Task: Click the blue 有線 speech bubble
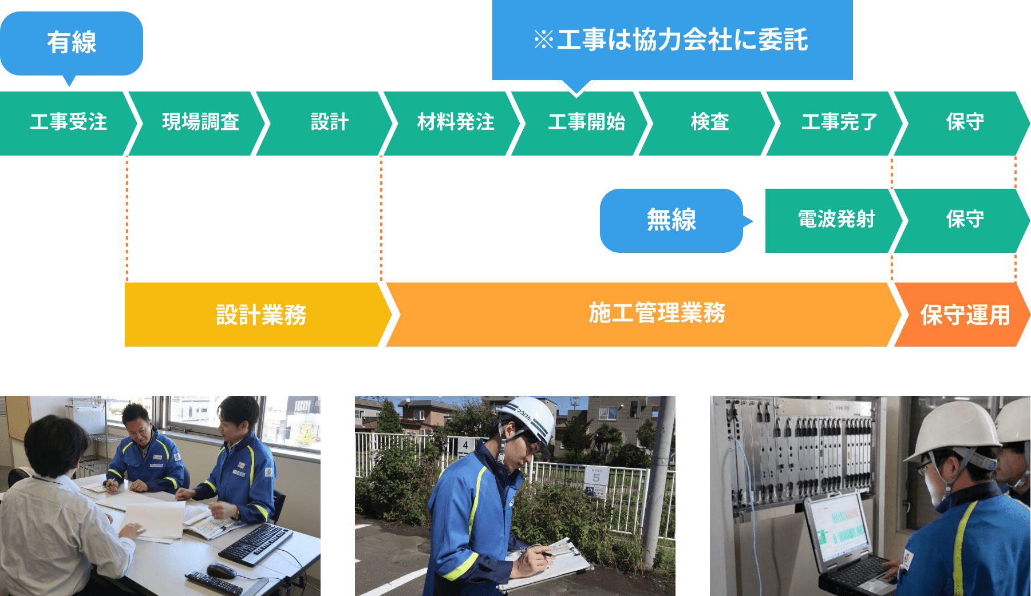[x=72, y=43]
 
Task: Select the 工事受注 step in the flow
[x=68, y=122]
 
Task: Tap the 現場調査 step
[x=200, y=122]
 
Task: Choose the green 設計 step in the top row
[x=329, y=122]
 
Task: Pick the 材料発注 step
[x=456, y=122]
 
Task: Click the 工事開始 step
[x=586, y=122]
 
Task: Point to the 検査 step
[x=710, y=122]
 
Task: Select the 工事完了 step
[x=839, y=122]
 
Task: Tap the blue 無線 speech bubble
[x=671, y=220]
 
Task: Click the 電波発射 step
[x=836, y=220]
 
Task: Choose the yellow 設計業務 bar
[x=260, y=315]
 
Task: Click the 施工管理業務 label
[x=657, y=313]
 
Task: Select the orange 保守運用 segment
[x=965, y=315]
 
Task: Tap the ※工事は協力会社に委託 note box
[x=671, y=40]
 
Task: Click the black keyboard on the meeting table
[x=256, y=543]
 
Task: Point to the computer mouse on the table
[x=221, y=570]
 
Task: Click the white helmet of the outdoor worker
[x=527, y=418]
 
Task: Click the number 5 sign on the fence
[x=596, y=476]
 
